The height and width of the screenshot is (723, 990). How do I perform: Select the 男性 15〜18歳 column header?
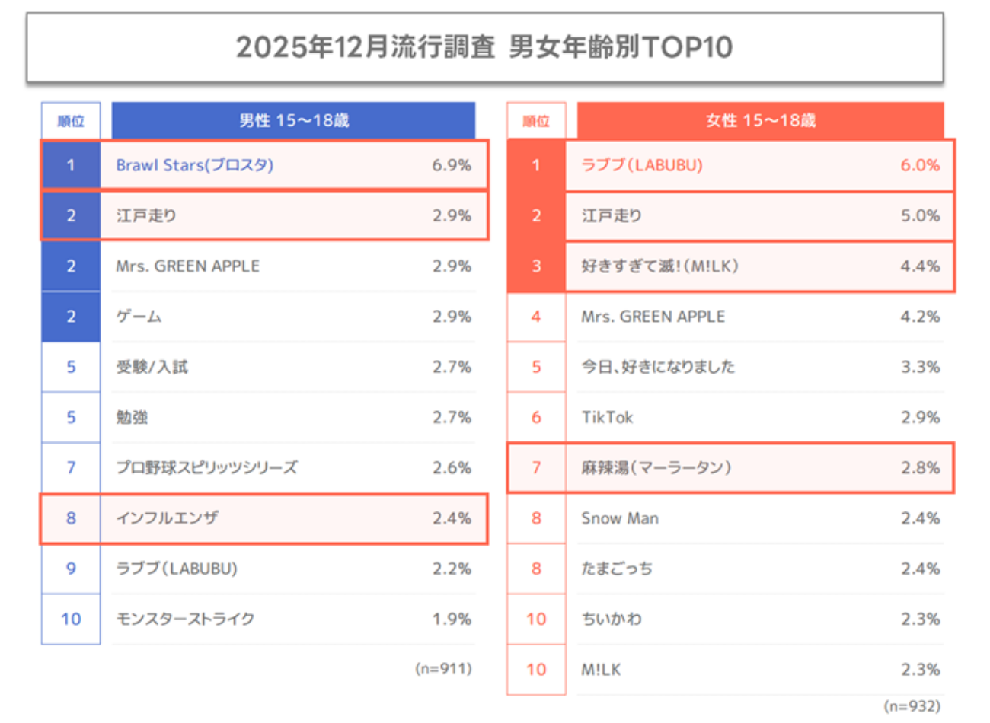294,120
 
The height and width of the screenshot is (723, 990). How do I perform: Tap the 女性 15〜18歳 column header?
760,120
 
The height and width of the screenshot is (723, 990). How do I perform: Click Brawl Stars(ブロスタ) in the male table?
194,165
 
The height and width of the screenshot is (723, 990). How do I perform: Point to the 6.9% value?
451,165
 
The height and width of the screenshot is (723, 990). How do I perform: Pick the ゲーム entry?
139,317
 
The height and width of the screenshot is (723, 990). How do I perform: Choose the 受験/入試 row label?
152,367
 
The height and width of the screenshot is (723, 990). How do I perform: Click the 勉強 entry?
132,417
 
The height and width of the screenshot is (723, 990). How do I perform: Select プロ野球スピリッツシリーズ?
206,467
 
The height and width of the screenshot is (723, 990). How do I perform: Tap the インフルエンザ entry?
167,518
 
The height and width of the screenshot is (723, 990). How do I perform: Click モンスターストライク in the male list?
185,619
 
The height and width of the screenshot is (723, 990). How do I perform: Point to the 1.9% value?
452,619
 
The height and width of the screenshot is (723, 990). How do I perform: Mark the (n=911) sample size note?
443,668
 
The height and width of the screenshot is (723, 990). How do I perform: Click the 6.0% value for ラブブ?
920,165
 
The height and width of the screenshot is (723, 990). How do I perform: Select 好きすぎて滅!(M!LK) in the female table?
659,266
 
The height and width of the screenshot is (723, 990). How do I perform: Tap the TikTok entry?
607,417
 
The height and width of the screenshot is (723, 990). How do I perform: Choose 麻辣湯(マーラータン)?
656,467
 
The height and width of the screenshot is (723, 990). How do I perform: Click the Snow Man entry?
620,518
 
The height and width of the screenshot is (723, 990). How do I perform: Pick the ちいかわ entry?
612,619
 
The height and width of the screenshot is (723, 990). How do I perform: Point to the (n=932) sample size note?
912,706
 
